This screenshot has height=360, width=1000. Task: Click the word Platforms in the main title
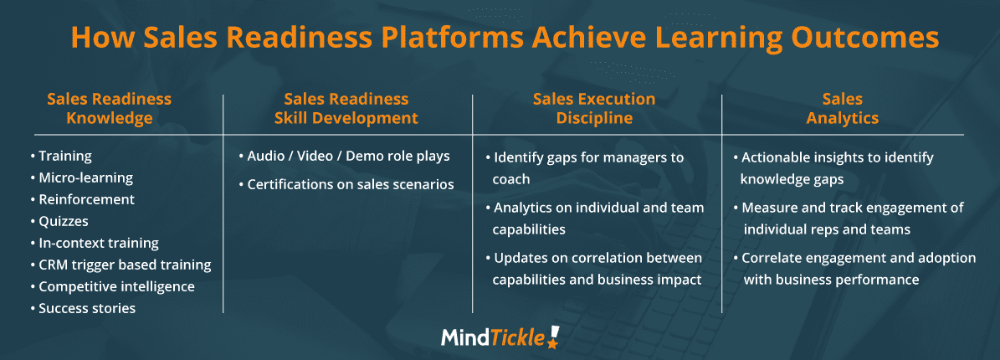click(x=454, y=38)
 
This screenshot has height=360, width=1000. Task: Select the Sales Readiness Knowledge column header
click(x=109, y=109)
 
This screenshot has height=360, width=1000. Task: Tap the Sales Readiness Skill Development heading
click(x=346, y=109)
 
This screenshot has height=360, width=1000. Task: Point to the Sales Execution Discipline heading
click(x=594, y=109)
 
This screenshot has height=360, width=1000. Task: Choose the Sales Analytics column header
click(x=843, y=109)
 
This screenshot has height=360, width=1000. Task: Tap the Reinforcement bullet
click(x=82, y=199)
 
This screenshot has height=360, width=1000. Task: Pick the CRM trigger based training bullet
click(x=121, y=265)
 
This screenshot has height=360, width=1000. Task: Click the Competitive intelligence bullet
click(x=112, y=286)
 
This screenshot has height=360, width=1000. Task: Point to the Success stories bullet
click(x=83, y=308)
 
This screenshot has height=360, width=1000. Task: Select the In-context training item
click(x=95, y=243)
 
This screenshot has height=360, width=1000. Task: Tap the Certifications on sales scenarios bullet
click(x=346, y=184)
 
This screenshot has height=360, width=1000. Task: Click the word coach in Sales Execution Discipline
click(x=510, y=179)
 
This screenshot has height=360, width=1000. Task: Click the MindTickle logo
click(x=500, y=337)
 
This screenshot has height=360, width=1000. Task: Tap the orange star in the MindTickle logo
click(x=552, y=343)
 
